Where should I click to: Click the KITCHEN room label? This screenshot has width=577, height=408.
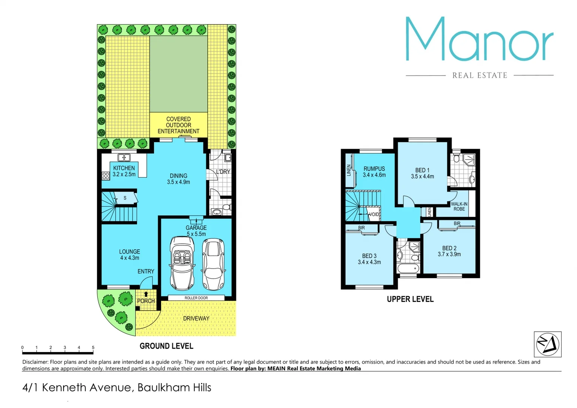[124, 168]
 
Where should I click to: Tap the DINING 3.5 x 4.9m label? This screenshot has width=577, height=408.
[178, 179]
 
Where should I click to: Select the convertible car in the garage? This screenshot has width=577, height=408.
[182, 263]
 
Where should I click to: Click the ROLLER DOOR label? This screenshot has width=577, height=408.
[196, 298]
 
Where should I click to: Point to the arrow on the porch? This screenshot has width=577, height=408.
[146, 294]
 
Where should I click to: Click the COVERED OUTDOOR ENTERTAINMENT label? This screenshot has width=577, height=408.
[178, 125]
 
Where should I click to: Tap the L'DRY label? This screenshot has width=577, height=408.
[223, 172]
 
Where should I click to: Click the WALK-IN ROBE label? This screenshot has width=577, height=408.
[459, 206]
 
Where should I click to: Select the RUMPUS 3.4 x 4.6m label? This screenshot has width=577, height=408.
[374, 172]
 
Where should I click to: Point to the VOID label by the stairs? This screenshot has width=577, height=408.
[374, 214]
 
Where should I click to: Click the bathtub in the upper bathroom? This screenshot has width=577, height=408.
[408, 269]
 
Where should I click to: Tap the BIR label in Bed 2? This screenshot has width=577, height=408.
[457, 224]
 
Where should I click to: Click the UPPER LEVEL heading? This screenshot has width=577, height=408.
[410, 299]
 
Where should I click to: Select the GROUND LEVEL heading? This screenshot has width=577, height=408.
[166, 346]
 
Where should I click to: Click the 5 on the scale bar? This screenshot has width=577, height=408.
[93, 348]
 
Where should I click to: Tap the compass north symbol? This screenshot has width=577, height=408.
[547, 344]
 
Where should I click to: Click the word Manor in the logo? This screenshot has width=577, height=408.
[479, 39]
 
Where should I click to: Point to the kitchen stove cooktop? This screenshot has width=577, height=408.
[106, 175]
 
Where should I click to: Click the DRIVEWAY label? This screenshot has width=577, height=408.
[196, 318]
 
